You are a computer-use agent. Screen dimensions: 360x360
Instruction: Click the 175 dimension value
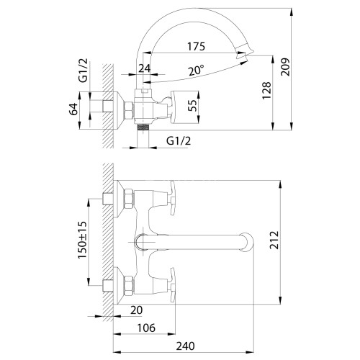[196, 47]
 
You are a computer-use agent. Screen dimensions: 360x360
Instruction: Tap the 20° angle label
[197, 71]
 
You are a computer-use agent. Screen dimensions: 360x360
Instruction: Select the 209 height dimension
[285, 67]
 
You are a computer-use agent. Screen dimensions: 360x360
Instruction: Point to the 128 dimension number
[266, 90]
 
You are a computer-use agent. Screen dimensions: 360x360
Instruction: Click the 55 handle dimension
[192, 105]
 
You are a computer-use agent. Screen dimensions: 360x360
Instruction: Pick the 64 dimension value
[73, 109]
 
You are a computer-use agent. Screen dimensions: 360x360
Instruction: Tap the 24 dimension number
[145, 68]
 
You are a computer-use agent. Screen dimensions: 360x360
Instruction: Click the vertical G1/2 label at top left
[84, 71]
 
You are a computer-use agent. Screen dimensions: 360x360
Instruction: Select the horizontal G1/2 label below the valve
[179, 141]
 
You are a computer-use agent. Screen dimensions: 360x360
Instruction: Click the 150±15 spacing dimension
[82, 240]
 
